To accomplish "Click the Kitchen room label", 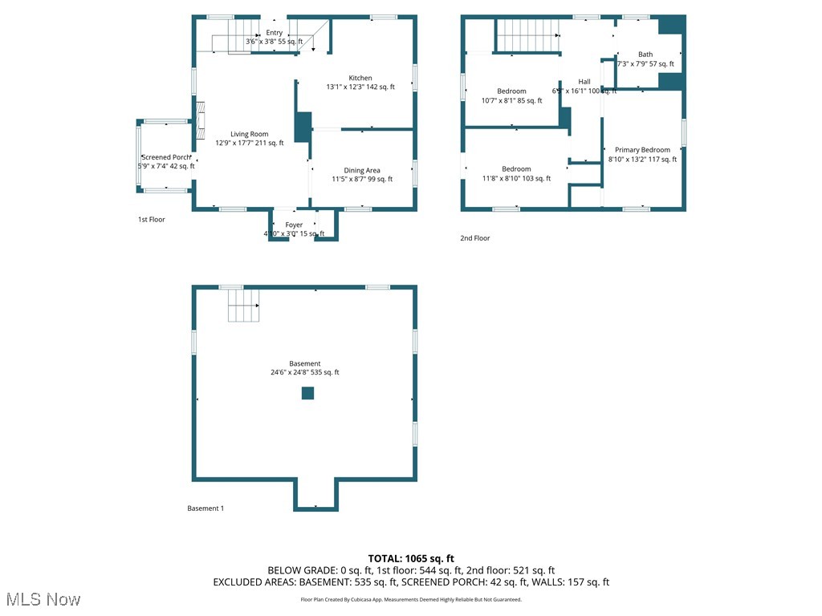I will (x=360, y=79).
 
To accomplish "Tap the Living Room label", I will (x=249, y=135).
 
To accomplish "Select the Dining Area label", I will (x=362, y=171).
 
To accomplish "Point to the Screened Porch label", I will (x=166, y=157).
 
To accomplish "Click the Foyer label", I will (x=294, y=225).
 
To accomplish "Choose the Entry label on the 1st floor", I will (x=275, y=33).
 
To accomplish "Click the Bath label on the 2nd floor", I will (x=645, y=55).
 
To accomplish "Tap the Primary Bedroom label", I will (x=642, y=150).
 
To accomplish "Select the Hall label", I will (x=584, y=82).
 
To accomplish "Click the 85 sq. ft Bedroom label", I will (x=511, y=91).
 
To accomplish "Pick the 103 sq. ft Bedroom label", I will (x=516, y=169).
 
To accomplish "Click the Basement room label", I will (x=305, y=364).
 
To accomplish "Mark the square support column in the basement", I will (x=307, y=393).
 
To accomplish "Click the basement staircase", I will (x=244, y=306).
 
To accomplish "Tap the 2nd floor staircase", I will (x=527, y=35).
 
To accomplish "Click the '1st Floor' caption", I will (x=151, y=219).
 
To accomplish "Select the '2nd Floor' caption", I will (x=475, y=238).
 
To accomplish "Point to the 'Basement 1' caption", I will (x=205, y=509).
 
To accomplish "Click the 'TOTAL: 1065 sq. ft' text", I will (x=411, y=558).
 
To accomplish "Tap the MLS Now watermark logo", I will (x=43, y=599).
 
